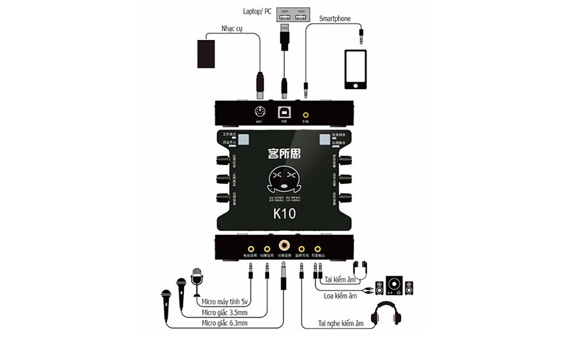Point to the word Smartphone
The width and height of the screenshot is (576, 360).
point(336,18)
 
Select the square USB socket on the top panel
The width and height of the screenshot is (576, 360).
point(284,111)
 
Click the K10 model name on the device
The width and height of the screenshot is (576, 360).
point(285,214)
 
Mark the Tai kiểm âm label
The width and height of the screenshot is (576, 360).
point(342,279)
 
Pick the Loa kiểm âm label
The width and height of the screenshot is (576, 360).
point(342,296)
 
